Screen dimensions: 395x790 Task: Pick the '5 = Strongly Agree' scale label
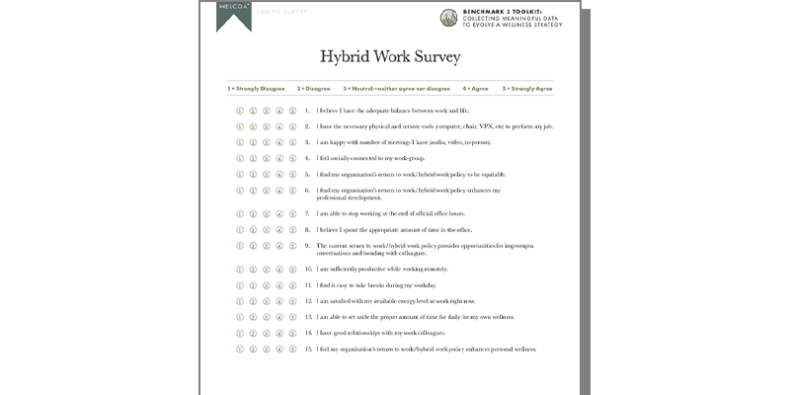(527, 89)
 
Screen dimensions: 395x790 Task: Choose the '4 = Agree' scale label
(476, 89)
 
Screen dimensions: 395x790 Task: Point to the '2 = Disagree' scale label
(314, 89)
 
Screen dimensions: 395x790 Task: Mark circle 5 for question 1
(293, 111)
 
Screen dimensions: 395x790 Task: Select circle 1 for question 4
(240, 158)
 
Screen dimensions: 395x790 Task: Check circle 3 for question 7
(267, 213)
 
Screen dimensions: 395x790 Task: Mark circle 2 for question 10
(253, 269)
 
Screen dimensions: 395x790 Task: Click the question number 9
(307, 245)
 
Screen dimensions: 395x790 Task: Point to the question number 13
(308, 317)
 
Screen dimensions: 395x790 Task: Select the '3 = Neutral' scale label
(395, 89)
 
